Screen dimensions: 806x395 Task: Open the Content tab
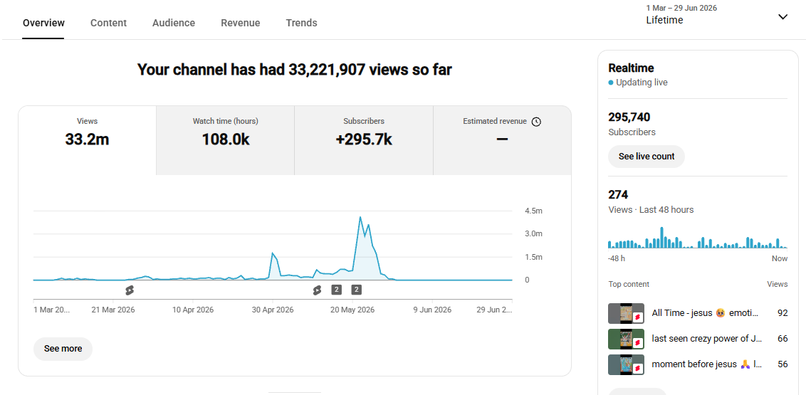(x=108, y=23)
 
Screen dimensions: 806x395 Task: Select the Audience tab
(x=174, y=23)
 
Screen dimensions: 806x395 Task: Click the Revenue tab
(x=241, y=23)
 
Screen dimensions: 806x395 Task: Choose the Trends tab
(x=301, y=23)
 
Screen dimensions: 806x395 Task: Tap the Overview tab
(x=43, y=23)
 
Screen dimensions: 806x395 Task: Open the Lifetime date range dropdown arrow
(x=783, y=17)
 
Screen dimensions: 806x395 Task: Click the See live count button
(x=646, y=157)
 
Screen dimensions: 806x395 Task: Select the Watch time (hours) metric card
(x=225, y=140)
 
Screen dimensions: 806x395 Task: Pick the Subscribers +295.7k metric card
(x=364, y=140)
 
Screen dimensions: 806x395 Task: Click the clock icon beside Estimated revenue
(x=536, y=122)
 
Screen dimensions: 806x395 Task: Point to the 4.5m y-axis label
(x=533, y=211)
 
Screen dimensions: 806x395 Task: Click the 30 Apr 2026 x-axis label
(x=273, y=310)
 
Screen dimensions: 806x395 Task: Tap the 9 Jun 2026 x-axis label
(x=432, y=310)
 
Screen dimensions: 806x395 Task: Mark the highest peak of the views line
(x=360, y=217)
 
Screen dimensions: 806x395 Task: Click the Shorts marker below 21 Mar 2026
(x=129, y=290)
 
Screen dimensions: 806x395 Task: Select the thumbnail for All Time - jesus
(x=626, y=313)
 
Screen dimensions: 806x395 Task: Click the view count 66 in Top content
(x=783, y=339)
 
